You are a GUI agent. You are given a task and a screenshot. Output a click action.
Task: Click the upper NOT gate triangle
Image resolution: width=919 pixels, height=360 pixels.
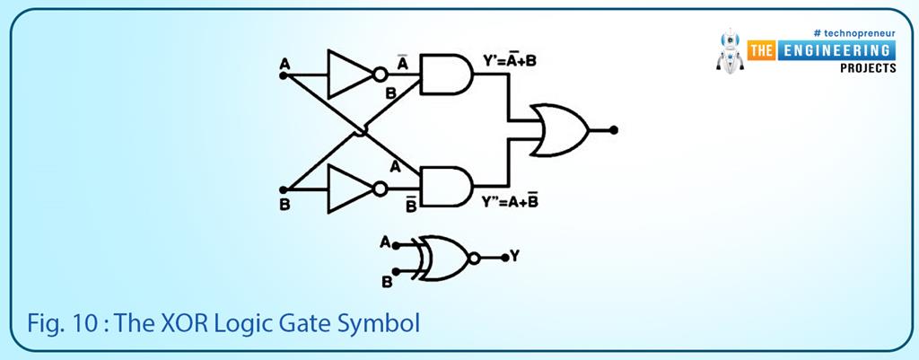pos(347,75)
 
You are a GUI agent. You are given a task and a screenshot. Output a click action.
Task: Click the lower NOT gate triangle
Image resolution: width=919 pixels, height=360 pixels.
pos(347,189)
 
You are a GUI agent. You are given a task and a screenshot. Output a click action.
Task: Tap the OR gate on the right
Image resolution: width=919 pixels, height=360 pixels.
pos(559,130)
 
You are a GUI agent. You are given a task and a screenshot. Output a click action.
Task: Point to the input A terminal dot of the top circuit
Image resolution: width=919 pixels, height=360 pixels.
pos(284,76)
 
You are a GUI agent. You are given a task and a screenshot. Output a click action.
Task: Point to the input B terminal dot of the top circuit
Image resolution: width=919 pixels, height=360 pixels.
pos(284,189)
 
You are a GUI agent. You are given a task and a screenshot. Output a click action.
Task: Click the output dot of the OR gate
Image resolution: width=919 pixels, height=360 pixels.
pos(614,130)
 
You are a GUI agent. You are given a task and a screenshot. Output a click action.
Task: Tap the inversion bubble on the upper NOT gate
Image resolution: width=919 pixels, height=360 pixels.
pos(381,75)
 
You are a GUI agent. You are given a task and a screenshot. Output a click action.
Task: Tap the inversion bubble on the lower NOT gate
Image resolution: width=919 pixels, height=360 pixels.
pos(381,189)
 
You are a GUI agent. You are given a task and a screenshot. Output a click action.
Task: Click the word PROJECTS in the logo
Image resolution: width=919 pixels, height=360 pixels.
pos(867,68)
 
